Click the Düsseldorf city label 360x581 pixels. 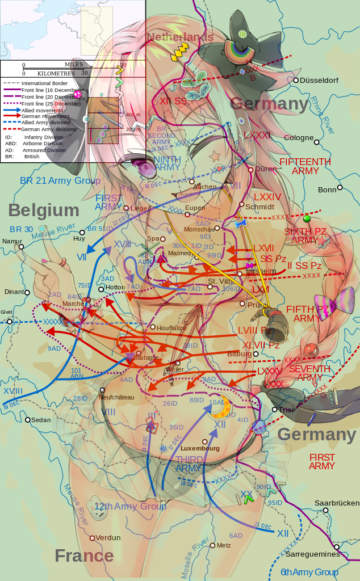[x=319, y=81]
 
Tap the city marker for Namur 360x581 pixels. [x=21, y=247]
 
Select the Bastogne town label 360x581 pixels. [x=146, y=357]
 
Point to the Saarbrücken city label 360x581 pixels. [x=338, y=503]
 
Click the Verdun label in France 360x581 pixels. [x=108, y=537]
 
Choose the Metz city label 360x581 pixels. [x=224, y=545]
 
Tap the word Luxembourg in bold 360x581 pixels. [x=200, y=448]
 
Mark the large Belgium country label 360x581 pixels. [x=44, y=210]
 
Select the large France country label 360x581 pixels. [x=84, y=555]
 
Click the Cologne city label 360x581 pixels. [x=299, y=138]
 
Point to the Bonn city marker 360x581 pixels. [x=340, y=188]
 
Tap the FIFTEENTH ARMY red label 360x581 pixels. [x=305, y=166]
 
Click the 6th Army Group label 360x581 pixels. [x=309, y=572]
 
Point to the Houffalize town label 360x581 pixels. [x=171, y=327]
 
